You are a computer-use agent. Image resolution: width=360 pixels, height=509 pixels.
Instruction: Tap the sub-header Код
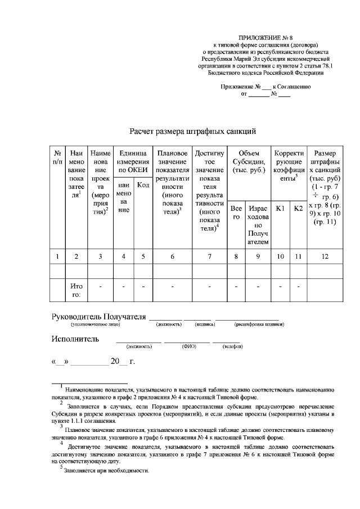click(x=143, y=185)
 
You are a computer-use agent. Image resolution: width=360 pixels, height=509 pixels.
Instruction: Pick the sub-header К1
click(x=280, y=209)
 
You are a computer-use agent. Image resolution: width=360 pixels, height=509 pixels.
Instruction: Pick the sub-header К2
click(x=298, y=209)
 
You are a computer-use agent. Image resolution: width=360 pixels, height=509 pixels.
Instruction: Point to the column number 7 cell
click(x=209, y=256)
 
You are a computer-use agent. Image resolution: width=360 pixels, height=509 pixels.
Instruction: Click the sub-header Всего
click(x=236, y=212)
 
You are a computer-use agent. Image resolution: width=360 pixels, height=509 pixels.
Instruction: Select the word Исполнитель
click(x=75, y=339)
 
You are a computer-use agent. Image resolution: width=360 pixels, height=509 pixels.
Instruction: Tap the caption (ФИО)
click(x=188, y=347)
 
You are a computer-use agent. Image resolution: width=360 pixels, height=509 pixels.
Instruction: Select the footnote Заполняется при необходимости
click(x=106, y=470)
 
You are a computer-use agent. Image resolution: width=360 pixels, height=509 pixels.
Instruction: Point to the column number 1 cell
click(x=57, y=256)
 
